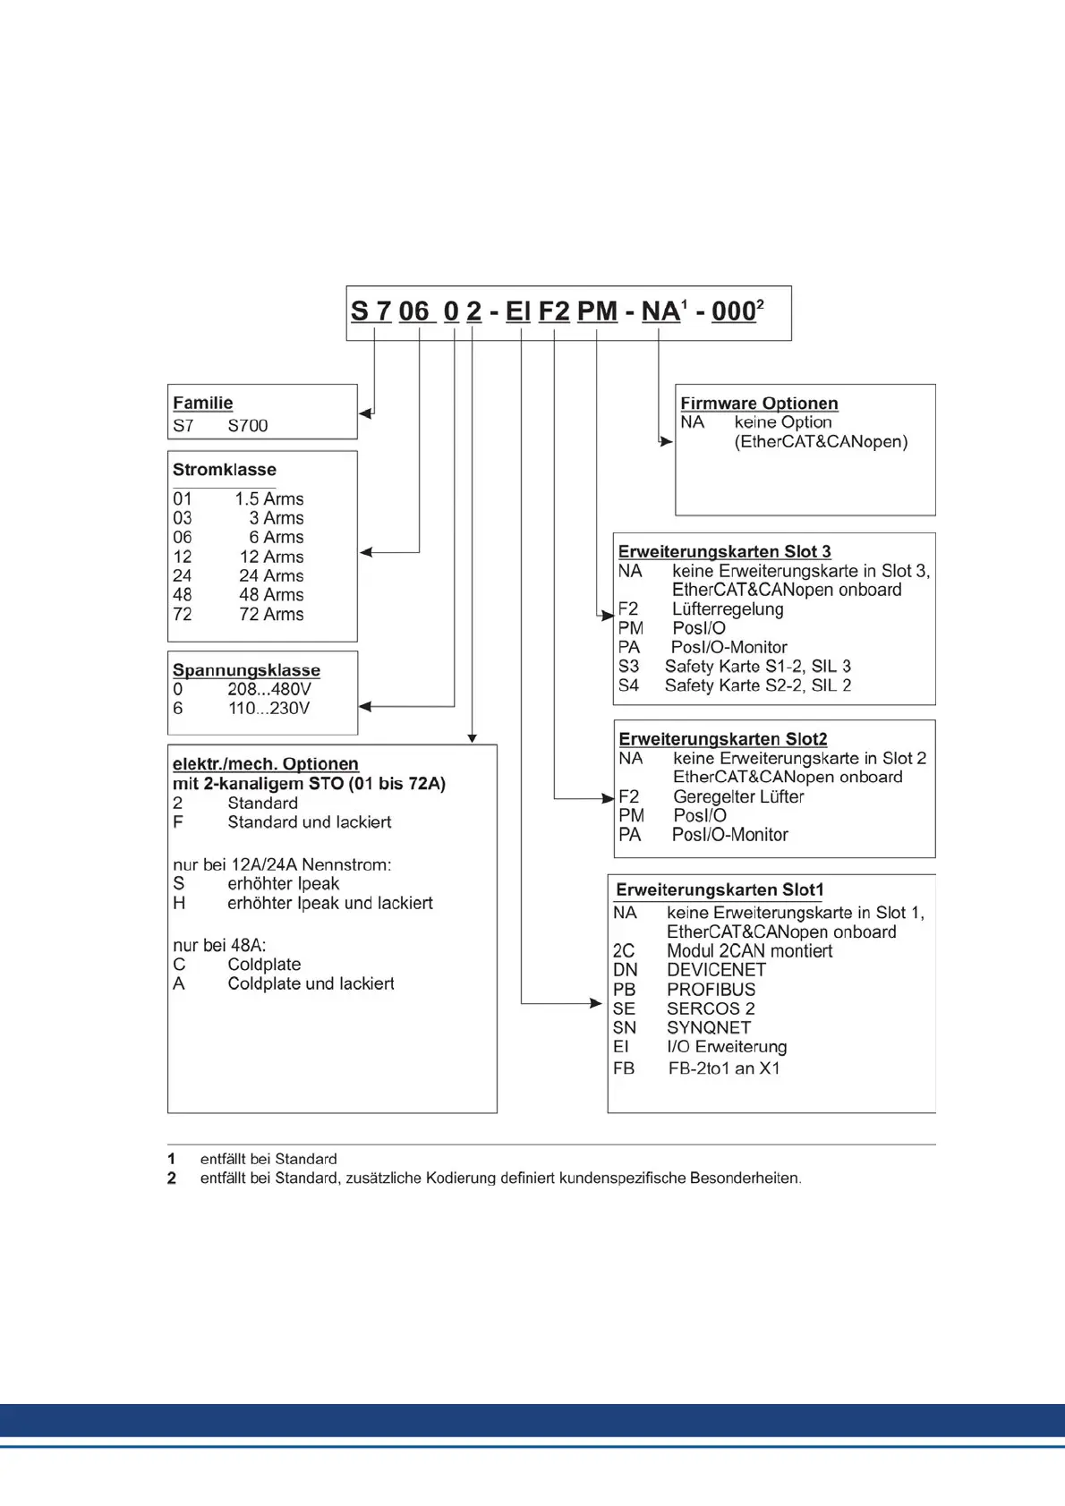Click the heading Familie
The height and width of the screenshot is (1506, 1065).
click(202, 403)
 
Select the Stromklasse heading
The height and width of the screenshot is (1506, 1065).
click(224, 470)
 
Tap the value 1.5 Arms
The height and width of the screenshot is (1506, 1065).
click(268, 498)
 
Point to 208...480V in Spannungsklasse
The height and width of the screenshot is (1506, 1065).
click(268, 689)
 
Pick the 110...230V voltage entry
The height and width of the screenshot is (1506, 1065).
click(268, 708)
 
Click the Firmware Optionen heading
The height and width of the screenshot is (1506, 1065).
click(759, 404)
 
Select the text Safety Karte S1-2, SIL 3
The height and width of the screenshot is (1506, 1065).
click(757, 666)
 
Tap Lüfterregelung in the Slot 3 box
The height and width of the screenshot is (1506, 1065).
click(728, 608)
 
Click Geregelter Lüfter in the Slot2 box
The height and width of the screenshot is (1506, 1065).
click(738, 796)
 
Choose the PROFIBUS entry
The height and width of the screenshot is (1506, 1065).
click(711, 990)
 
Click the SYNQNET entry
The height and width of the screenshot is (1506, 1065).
click(708, 1027)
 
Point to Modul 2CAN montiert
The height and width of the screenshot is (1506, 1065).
click(749, 951)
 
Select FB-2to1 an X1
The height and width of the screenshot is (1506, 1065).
click(723, 1068)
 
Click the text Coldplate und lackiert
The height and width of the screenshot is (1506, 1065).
click(311, 983)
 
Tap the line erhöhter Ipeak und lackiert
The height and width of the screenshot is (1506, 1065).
click(329, 903)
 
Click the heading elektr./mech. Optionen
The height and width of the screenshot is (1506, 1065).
click(265, 764)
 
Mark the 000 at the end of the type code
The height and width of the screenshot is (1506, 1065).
click(734, 311)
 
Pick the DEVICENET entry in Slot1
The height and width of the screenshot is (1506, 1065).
click(716, 970)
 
